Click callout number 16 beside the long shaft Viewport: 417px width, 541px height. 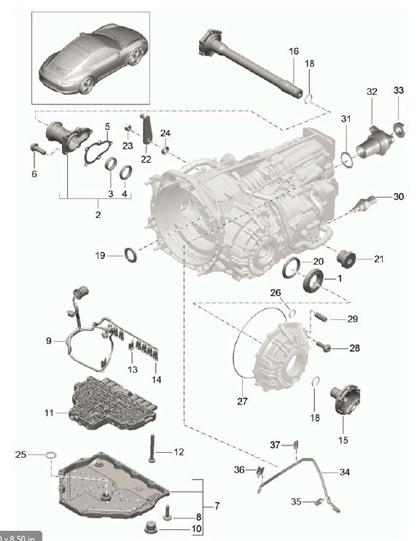294,51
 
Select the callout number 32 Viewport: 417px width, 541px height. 372,91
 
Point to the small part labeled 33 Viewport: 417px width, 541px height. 399,129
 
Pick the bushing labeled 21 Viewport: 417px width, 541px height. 346,257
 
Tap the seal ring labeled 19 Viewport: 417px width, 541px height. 130,254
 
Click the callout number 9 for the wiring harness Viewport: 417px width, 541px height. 49,340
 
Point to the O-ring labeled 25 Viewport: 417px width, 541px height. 50,456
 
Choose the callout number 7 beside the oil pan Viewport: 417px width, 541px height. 217,505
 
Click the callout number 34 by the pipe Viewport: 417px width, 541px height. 345,472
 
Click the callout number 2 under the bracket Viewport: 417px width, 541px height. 98,215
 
